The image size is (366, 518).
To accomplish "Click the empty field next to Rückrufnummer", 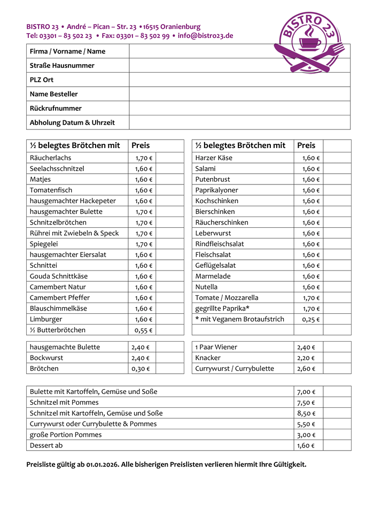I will pyautogui.click(x=239, y=108).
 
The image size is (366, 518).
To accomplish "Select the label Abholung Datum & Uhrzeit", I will pyautogui.click(x=72, y=122).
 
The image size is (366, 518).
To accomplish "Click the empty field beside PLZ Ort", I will pyautogui.click(x=239, y=80).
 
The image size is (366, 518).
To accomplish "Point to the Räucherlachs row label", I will pyautogui.click(x=50, y=158).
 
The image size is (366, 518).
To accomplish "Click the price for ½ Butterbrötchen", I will pyautogui.click(x=142, y=330).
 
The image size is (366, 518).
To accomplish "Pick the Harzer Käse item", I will pyautogui.click(x=214, y=158).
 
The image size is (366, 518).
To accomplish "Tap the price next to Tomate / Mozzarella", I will pyautogui.click(x=309, y=298).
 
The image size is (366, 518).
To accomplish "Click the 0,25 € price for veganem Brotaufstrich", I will pyautogui.click(x=309, y=319).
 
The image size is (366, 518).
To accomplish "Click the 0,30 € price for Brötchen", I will pyautogui.click(x=141, y=368).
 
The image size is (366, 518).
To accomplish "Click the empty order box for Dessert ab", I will pyautogui.click(x=337, y=445).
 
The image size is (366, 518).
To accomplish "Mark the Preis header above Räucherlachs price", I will pyautogui.click(x=141, y=145).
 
